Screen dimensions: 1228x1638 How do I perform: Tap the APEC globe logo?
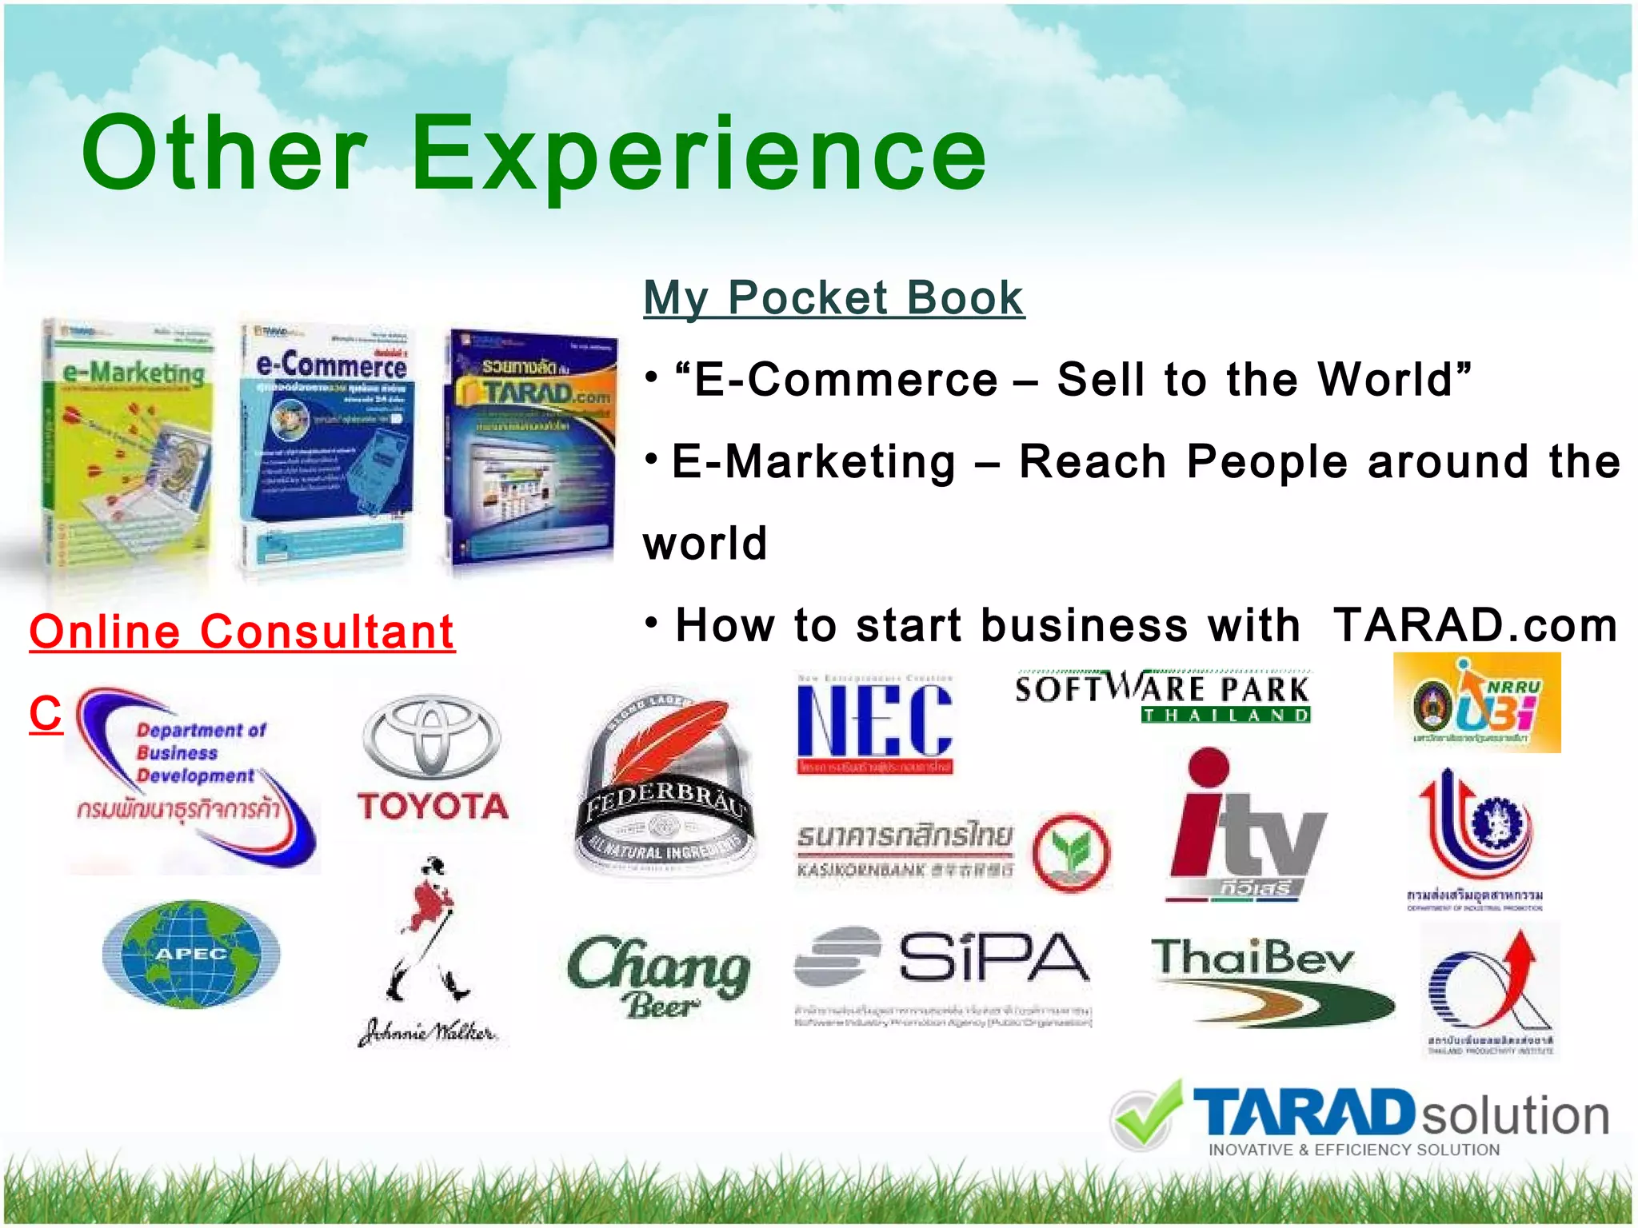click(191, 953)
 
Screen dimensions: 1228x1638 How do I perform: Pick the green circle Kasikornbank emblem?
click(1071, 852)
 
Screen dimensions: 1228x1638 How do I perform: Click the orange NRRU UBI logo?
click(1476, 703)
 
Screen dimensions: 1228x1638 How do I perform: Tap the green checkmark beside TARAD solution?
click(1146, 1114)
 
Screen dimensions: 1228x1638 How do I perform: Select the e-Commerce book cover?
click(328, 448)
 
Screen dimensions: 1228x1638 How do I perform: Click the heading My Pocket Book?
click(833, 298)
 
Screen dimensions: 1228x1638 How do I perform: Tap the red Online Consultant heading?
click(242, 632)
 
